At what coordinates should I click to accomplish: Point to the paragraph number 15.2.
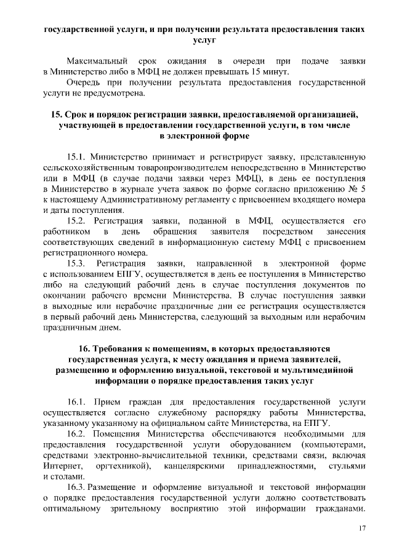pyautogui.click(x=78, y=220)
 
